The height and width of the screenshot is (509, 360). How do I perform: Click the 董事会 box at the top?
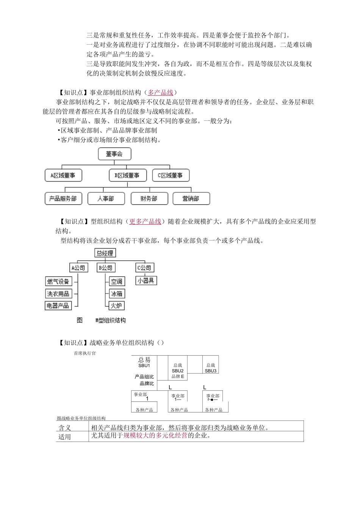[114, 154]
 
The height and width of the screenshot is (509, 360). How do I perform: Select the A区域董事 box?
[63, 175]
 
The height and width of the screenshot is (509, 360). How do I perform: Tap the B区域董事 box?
[127, 175]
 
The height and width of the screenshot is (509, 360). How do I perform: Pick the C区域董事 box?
[171, 175]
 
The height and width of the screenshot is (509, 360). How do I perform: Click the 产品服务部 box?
[63, 198]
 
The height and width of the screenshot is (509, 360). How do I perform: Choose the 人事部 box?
[106, 198]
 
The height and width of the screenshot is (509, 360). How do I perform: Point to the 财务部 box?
[149, 198]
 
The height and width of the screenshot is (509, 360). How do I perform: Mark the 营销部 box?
[191, 198]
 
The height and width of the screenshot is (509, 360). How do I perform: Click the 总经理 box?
[105, 253]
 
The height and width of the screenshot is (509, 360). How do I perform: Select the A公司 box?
[78, 268]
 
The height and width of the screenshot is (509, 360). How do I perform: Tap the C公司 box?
[144, 268]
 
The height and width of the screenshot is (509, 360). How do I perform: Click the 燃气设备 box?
[58, 281]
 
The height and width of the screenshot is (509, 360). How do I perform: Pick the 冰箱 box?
[117, 294]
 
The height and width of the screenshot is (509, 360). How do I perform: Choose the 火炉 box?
[117, 306]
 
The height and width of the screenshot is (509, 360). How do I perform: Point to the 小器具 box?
[146, 281]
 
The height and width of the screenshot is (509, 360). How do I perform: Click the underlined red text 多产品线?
[160, 92]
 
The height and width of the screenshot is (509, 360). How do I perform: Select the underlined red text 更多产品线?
[145, 222]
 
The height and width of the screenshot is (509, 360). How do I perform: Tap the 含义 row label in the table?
[65, 428]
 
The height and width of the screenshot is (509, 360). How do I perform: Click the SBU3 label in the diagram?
[211, 371]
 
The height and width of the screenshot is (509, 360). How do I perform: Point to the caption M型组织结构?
[111, 320]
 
